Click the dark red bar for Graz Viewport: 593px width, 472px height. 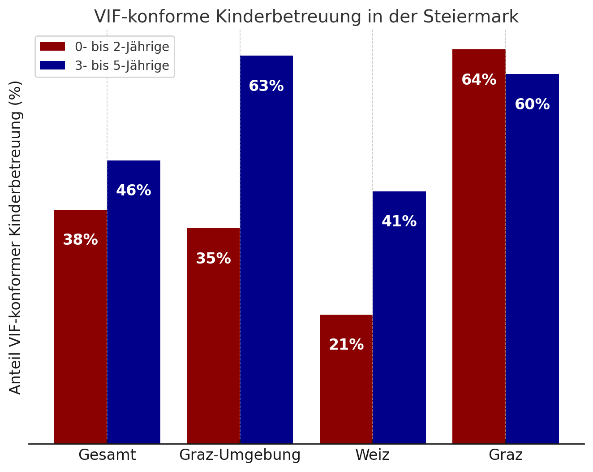[479, 246]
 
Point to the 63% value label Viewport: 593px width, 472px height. [266, 86]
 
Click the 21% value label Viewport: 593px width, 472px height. [346, 345]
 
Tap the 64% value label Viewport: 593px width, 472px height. [479, 80]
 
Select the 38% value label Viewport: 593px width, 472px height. [80, 240]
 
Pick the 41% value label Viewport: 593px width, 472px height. [399, 221]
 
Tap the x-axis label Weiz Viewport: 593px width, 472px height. [373, 455]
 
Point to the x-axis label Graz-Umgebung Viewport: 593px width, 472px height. [240, 455]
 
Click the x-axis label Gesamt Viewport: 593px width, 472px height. [107, 455]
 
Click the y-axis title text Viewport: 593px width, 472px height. [16, 238]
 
